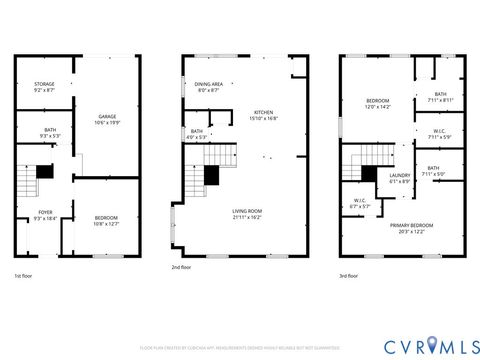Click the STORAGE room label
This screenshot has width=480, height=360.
pos(44,84)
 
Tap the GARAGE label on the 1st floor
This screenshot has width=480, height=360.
pos(107,116)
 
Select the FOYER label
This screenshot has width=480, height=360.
pos(45,212)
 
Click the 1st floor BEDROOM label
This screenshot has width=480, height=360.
pos(106,218)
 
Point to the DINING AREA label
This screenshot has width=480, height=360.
pos(209,84)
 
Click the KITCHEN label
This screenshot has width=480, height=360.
pos(264,112)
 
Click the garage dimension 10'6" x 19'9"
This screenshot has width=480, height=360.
pos(107,122)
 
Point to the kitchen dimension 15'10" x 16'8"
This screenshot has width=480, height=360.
pos(264,118)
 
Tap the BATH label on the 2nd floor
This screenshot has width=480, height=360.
pos(197,131)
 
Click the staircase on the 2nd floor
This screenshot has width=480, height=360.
pos(204,170)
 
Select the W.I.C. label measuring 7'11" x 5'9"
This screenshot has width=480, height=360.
pos(439,131)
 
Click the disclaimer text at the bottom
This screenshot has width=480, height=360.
pos(240,349)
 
